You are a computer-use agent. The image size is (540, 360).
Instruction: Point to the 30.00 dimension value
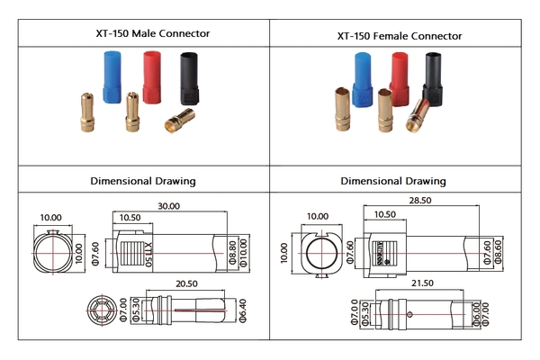(167, 206)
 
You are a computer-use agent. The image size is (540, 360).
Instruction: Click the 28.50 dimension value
(420, 200)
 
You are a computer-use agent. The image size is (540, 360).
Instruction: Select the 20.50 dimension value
(187, 283)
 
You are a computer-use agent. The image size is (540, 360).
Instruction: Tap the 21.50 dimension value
(419, 283)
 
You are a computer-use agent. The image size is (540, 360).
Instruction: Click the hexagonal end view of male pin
(100, 309)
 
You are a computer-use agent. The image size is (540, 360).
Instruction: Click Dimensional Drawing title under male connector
(143, 180)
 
